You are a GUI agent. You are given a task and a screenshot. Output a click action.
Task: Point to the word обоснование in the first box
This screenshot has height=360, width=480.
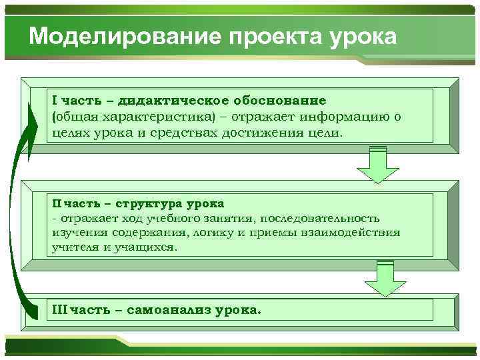[x=280, y=101]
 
